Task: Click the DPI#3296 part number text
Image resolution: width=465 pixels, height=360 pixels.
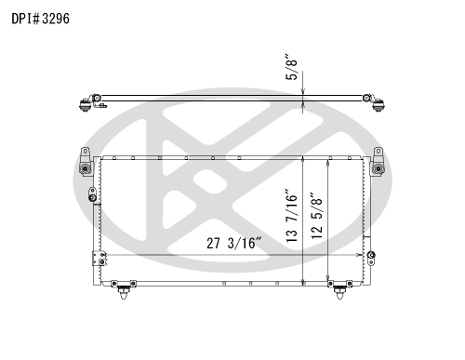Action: tap(40, 19)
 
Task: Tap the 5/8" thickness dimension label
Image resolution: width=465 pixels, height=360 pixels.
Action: tap(292, 68)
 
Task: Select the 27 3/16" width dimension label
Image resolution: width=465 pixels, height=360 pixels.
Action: tap(234, 243)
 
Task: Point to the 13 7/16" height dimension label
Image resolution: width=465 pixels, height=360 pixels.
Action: tap(292, 215)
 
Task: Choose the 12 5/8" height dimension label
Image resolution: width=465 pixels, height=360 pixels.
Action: tap(317, 216)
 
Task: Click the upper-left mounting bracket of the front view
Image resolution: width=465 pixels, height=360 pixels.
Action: tap(86, 162)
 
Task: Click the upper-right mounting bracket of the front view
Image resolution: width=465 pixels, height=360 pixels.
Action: tap(379, 162)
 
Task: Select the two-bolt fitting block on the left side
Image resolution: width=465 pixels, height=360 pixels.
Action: tap(100, 259)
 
